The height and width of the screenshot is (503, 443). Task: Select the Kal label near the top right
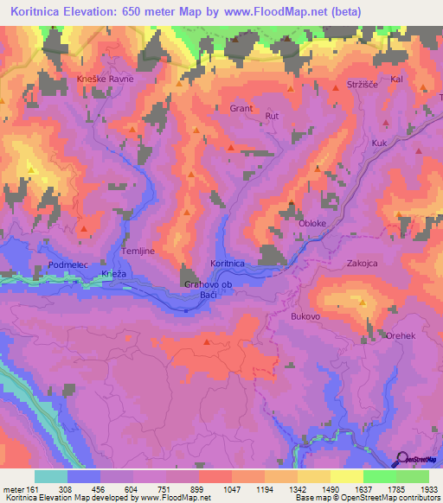pyautogui.click(x=397, y=79)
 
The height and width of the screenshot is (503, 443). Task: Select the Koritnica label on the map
pyautogui.click(x=228, y=263)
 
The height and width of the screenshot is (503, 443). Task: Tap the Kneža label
pyautogui.click(x=114, y=274)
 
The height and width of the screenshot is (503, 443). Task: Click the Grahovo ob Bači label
pyautogui.click(x=210, y=290)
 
